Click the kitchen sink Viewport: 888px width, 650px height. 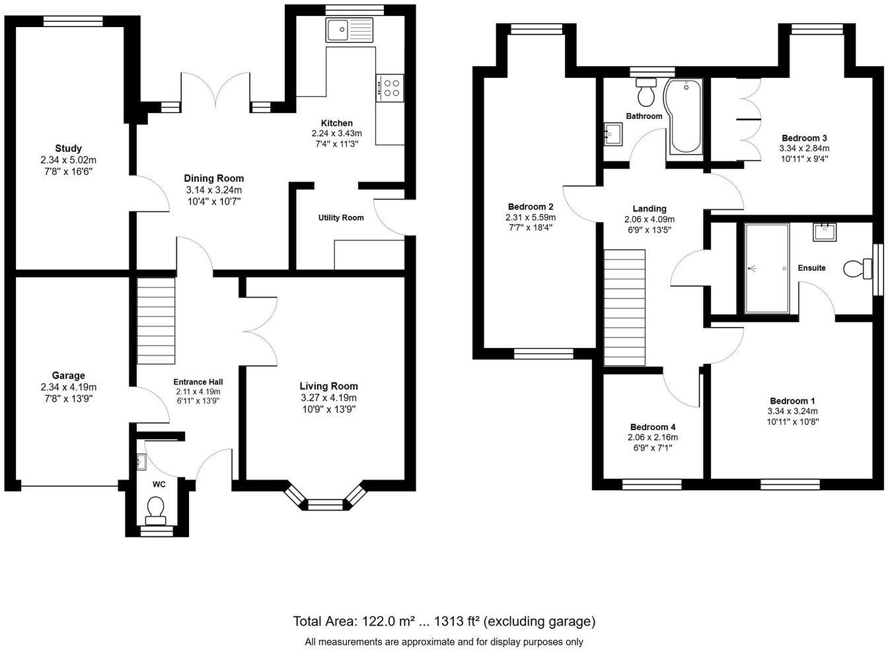click(x=349, y=30)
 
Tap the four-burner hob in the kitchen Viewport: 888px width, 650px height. click(x=390, y=88)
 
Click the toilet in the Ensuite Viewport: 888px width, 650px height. click(x=858, y=269)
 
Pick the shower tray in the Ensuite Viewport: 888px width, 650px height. click(x=766, y=268)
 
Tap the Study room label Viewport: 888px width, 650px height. click(x=69, y=149)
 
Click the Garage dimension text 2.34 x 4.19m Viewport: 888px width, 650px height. click(x=69, y=387)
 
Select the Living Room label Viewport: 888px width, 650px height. click(x=328, y=386)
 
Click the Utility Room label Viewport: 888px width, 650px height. click(x=341, y=217)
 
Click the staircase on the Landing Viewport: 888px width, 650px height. click(x=624, y=307)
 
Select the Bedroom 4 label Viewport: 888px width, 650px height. click(x=652, y=427)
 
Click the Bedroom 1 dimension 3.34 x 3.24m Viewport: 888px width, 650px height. click(x=792, y=412)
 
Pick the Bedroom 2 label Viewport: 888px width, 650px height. click(x=531, y=206)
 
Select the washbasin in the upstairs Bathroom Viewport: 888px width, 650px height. click(x=612, y=133)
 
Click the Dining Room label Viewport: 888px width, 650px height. click(x=213, y=178)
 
